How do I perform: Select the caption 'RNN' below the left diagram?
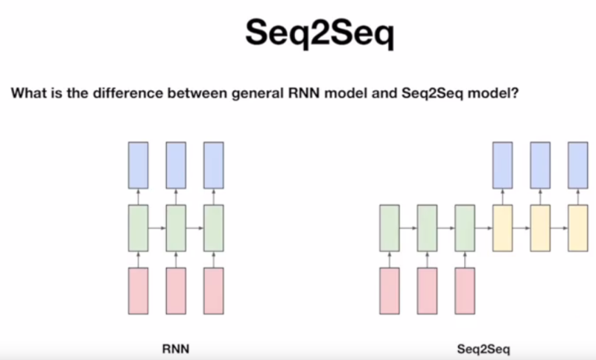[175, 347]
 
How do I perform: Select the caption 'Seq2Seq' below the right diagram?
[478, 347]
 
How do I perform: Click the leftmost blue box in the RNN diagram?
[139, 165]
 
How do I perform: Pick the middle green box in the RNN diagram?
[176, 227]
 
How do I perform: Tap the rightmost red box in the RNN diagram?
[214, 290]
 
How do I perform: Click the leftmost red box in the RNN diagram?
[139, 290]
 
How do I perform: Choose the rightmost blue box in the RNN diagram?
[214, 165]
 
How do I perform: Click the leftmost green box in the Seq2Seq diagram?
[390, 227]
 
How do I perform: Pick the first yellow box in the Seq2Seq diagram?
[502, 227]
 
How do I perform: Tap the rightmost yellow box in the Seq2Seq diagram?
[578, 227]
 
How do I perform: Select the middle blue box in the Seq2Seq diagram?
[540, 165]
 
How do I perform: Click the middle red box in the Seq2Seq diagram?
[427, 290]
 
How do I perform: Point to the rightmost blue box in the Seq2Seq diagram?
[578, 165]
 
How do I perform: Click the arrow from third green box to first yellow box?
[484, 227]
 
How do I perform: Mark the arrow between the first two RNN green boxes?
[157, 227]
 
